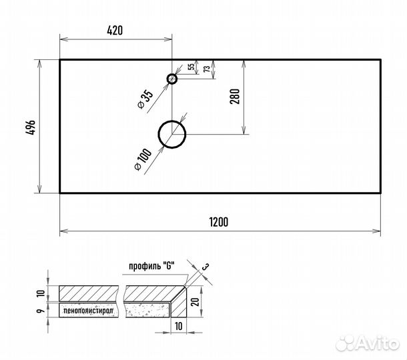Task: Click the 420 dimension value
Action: click(x=115, y=31)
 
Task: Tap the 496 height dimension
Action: click(x=31, y=127)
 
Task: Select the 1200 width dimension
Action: click(x=219, y=222)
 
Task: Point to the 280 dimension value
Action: click(x=235, y=97)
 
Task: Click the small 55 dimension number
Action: click(x=191, y=67)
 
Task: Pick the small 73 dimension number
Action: click(x=207, y=69)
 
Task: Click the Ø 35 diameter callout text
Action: click(x=145, y=100)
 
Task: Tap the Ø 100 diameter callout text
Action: click(x=143, y=159)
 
